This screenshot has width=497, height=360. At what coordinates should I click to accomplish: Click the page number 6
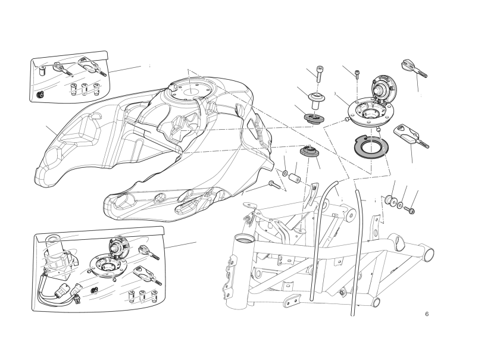(x=427, y=314)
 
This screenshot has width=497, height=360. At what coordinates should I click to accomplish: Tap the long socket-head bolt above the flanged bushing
(x=320, y=74)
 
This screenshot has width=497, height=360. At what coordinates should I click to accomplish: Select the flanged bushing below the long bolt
(x=316, y=100)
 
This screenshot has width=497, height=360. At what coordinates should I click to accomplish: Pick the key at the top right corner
(x=414, y=68)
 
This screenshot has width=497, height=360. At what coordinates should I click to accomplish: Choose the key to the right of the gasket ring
(x=411, y=136)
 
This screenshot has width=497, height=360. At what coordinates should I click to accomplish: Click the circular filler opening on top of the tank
(x=191, y=92)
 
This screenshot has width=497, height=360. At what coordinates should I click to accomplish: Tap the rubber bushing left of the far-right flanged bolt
(x=390, y=201)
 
